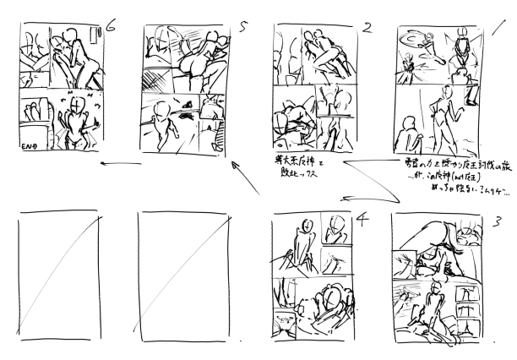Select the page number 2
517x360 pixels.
point(367,27)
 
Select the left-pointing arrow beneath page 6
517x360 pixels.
point(119,165)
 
